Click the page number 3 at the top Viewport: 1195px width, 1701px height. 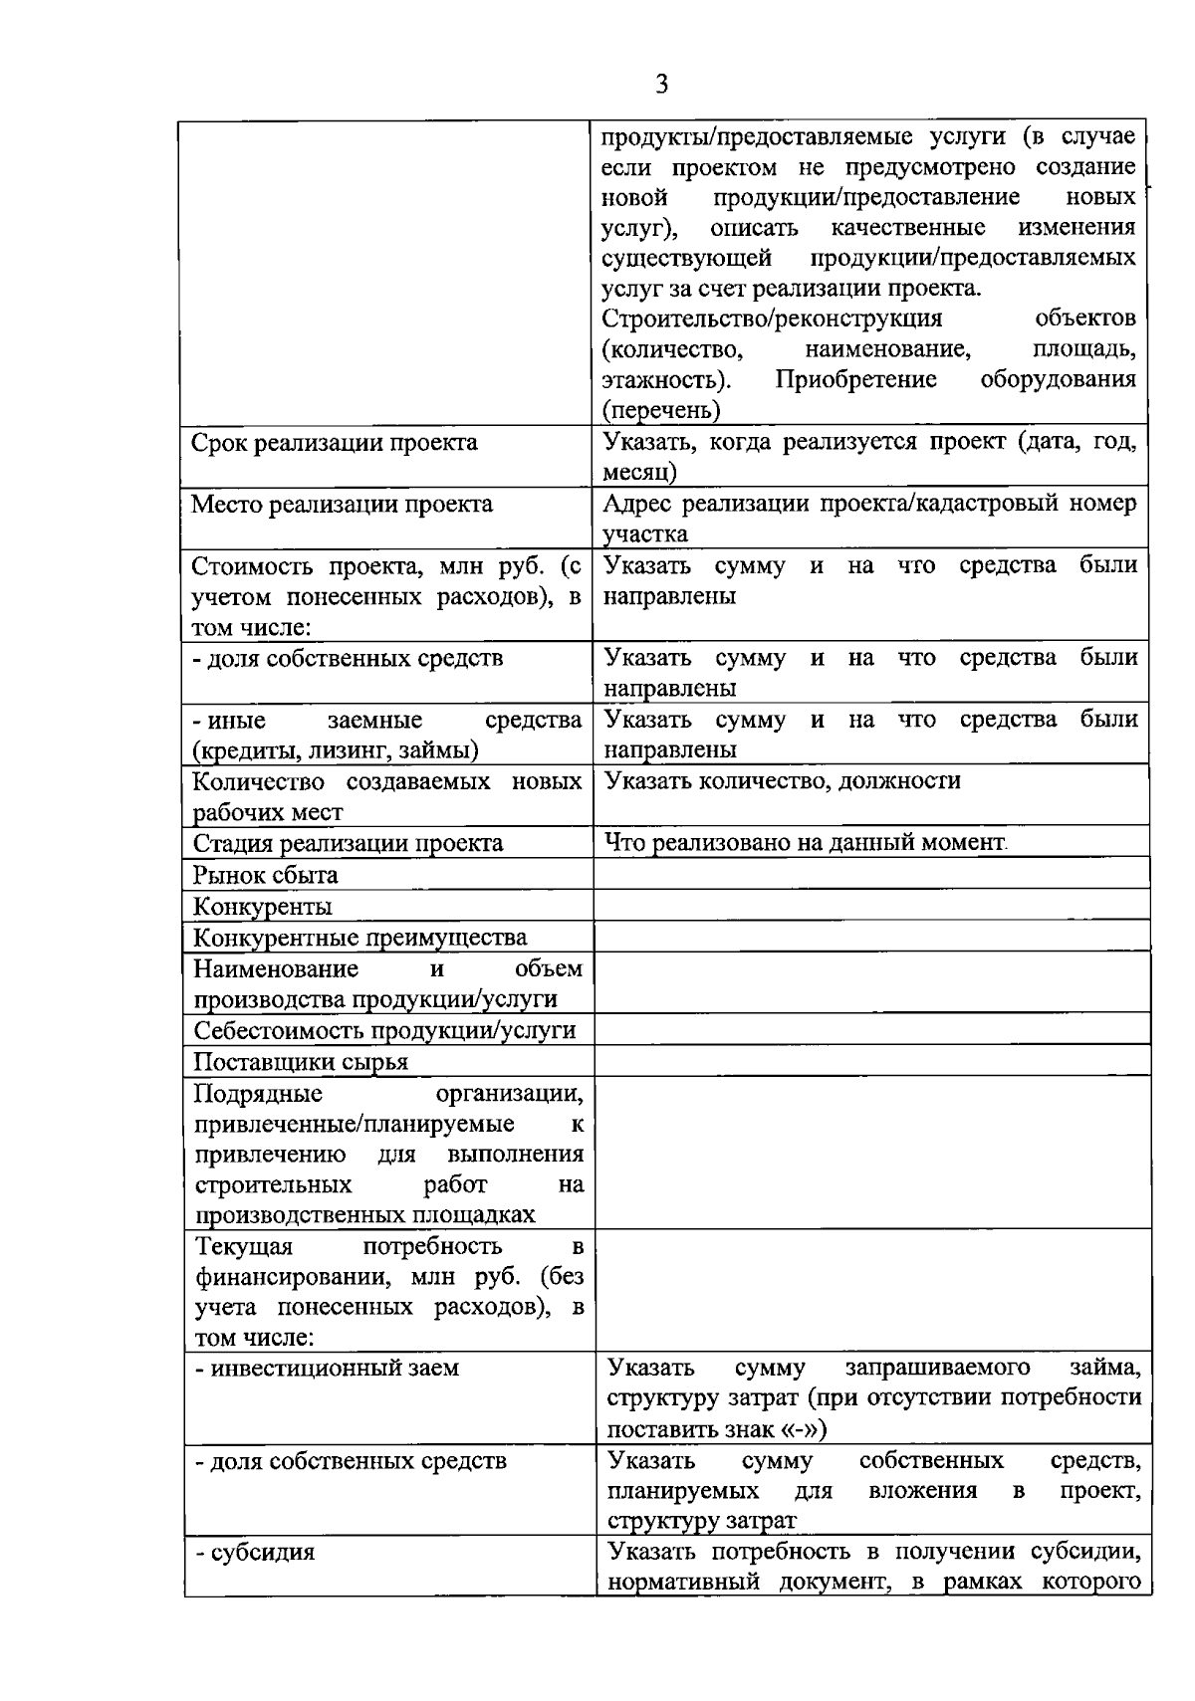662,84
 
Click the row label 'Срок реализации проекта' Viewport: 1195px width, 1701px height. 334,443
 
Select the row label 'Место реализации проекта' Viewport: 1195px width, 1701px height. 342,505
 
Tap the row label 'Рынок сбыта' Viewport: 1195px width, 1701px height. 265,875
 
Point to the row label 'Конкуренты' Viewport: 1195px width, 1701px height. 262,907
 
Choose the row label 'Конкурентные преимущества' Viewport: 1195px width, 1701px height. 359,938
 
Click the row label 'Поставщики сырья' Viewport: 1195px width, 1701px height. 301,1062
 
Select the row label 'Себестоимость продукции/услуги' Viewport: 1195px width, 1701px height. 384,1030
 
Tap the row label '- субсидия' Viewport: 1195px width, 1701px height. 255,1552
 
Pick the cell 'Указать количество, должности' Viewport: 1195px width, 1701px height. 783,781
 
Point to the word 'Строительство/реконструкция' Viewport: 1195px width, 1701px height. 773,319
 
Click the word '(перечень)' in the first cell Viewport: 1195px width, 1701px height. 661,410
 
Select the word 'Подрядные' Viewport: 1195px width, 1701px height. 258,1094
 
